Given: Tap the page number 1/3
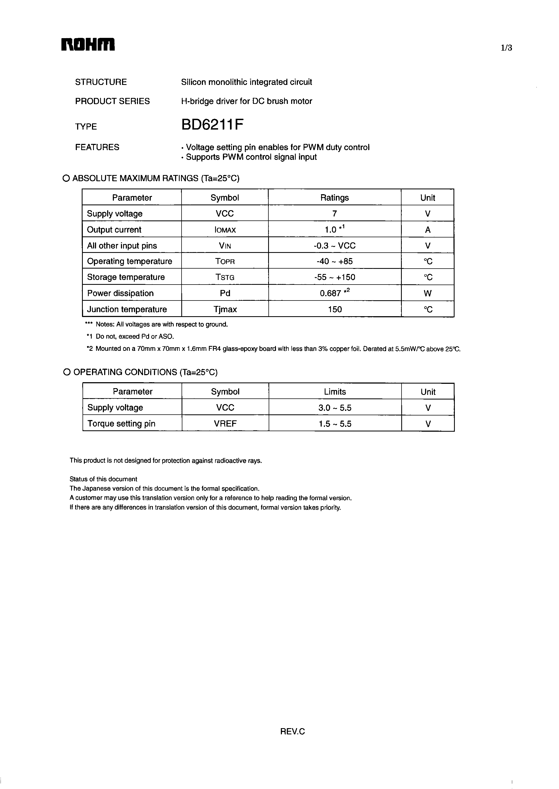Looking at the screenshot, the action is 506,48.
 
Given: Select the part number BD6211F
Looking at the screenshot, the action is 212,125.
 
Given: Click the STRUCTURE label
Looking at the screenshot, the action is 101,82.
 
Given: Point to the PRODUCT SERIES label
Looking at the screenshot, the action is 113,101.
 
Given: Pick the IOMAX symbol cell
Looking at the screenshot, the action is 225,230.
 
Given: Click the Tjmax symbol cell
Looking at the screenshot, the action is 225,309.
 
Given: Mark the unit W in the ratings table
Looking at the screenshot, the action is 428,293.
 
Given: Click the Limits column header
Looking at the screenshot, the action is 335,392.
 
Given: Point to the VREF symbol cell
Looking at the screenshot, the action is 225,424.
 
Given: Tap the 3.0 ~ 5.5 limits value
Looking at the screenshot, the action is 335,408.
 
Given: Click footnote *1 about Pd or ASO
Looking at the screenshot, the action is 130,336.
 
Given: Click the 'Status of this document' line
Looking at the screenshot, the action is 103,479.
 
